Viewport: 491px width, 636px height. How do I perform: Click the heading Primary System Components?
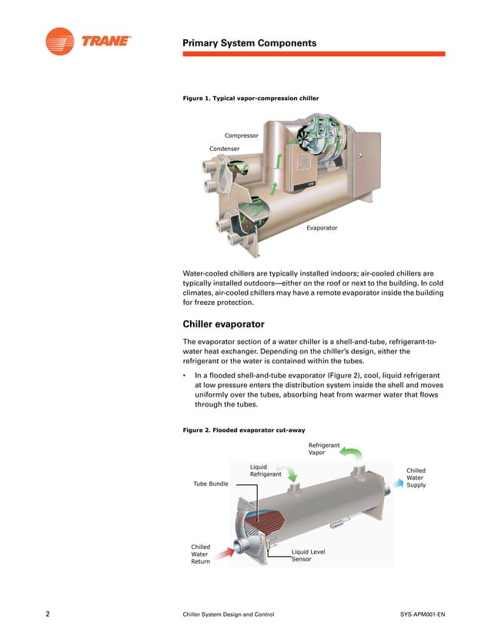[x=249, y=43]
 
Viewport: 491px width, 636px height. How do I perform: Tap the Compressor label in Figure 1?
[x=242, y=136]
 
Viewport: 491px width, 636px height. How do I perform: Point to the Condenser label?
[x=224, y=149]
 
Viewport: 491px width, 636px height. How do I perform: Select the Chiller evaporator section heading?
[x=223, y=324]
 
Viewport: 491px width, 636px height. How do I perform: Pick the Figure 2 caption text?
[x=244, y=430]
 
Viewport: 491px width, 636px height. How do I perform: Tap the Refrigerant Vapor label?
[x=325, y=449]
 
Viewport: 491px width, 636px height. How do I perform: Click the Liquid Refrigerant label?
[x=265, y=470]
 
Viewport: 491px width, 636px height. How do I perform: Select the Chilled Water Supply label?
[x=416, y=477]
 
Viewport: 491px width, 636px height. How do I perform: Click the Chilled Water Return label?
[x=201, y=554]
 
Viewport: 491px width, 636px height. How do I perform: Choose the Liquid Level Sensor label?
[x=308, y=554]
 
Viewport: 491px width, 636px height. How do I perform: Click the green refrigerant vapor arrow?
[x=352, y=454]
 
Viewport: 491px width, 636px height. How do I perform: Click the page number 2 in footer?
[x=48, y=614]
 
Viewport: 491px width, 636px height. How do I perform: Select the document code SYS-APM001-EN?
[x=423, y=614]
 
